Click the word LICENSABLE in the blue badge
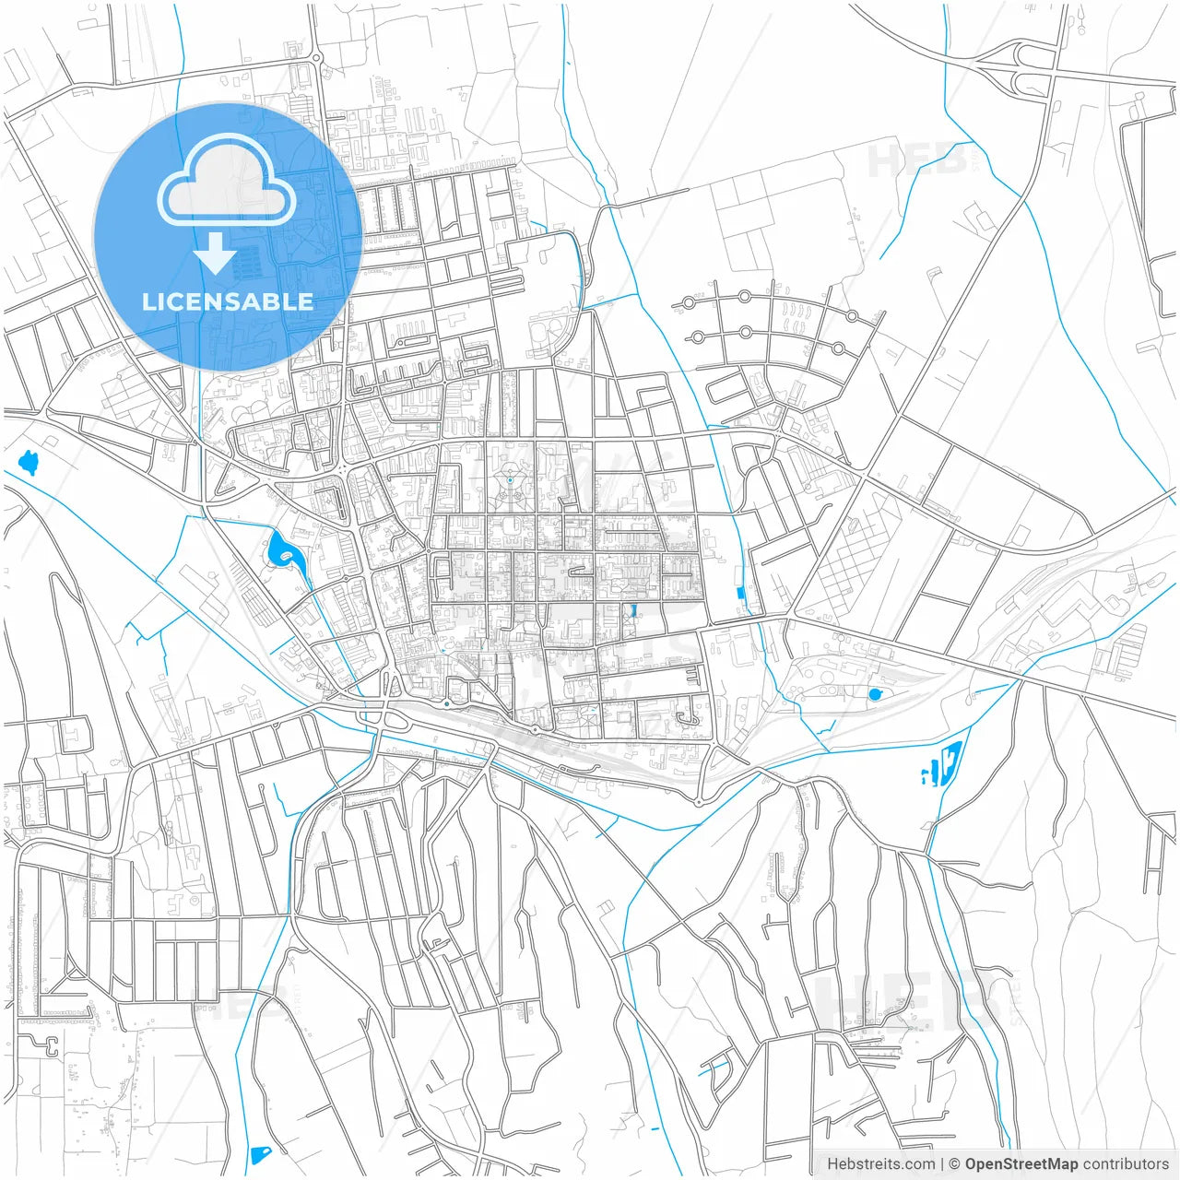228,301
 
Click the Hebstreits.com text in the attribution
880,1163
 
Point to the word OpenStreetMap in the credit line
1021,1163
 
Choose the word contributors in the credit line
1126,1163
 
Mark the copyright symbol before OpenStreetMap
955,1163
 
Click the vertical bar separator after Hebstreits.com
942,1163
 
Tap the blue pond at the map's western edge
29,462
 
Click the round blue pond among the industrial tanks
874,693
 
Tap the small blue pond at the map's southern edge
261,1154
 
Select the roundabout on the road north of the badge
317,58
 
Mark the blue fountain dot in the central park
509,480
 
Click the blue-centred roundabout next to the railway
446,704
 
